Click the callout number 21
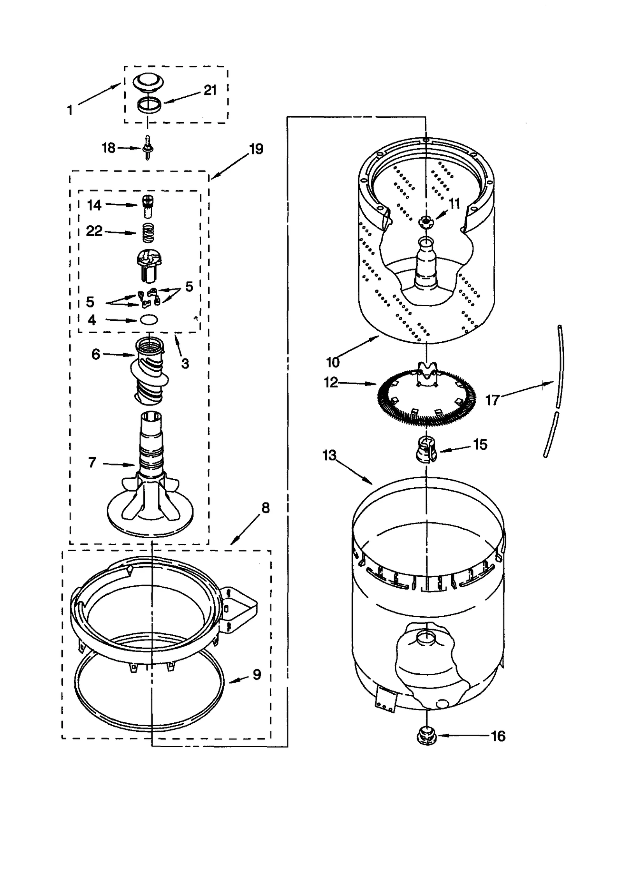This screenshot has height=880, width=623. [x=210, y=90]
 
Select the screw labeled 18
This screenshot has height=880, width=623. [x=149, y=148]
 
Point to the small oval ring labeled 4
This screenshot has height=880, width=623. [x=149, y=320]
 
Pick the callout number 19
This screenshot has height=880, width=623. [x=256, y=149]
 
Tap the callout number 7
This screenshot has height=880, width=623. [x=92, y=462]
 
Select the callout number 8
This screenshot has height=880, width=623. [x=266, y=508]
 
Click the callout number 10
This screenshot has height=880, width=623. [x=333, y=362]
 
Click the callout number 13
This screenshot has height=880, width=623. [x=329, y=455]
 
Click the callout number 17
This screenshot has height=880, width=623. [x=493, y=400]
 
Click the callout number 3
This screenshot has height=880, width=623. [x=185, y=364]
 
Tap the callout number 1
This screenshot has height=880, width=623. [x=70, y=110]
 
